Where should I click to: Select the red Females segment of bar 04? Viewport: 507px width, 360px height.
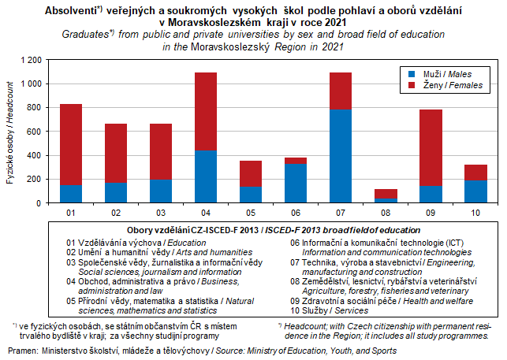click(x=206, y=111)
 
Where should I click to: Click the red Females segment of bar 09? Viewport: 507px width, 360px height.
click(x=431, y=147)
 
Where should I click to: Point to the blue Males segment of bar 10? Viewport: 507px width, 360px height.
click(x=475, y=191)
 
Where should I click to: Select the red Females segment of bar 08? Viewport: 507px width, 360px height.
click(x=386, y=194)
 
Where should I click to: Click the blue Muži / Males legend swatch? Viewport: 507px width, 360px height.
click(x=406, y=72)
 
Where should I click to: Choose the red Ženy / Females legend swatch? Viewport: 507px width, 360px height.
click(x=406, y=84)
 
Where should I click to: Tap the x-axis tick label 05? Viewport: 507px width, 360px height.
click(x=251, y=213)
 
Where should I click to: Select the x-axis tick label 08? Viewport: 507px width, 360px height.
click(x=386, y=213)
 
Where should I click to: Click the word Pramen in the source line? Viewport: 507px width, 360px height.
click(x=23, y=349)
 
